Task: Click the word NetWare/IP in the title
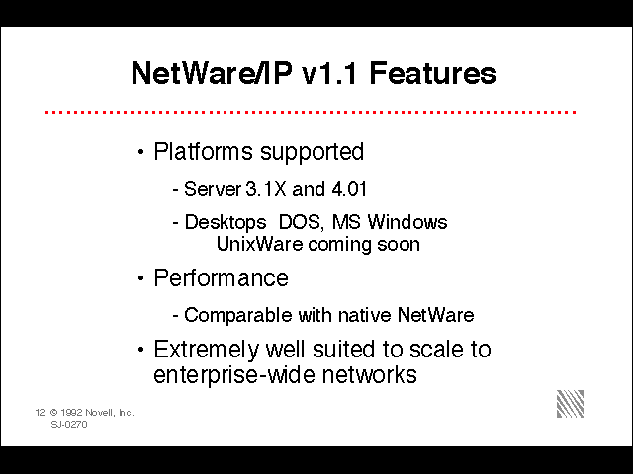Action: (211, 73)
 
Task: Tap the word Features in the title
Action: (433, 73)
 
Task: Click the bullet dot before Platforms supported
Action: (140, 152)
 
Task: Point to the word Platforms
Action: (203, 151)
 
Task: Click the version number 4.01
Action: (349, 189)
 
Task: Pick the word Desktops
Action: (226, 223)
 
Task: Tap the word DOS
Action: (301, 222)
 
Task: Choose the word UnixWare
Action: (259, 244)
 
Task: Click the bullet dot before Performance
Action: (140, 278)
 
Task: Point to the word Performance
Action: (221, 277)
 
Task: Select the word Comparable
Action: (238, 315)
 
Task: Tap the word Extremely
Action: (206, 350)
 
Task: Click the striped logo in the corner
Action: (570, 404)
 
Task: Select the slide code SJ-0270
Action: (69, 425)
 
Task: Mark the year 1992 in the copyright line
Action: (71, 413)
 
